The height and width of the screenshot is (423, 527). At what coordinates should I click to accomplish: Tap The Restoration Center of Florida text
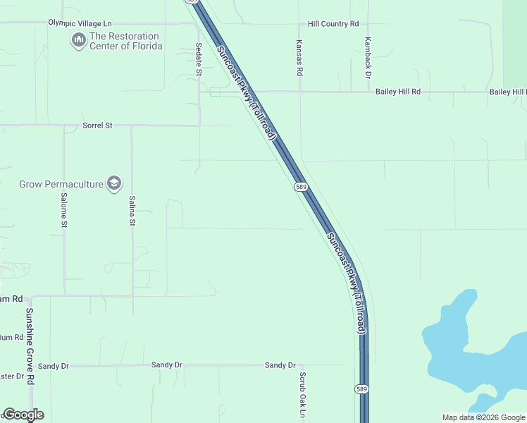click(126, 41)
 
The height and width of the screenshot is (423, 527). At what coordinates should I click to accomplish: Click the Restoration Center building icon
click(79, 41)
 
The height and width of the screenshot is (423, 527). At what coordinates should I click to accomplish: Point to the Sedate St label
click(199, 62)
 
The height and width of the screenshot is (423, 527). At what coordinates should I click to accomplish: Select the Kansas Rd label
click(299, 58)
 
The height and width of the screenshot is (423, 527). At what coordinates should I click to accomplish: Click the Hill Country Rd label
click(333, 24)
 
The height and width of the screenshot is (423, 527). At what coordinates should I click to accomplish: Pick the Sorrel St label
click(97, 125)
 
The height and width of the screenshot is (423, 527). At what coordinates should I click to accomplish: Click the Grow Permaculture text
click(60, 185)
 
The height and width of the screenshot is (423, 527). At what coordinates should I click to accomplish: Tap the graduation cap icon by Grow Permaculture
click(114, 185)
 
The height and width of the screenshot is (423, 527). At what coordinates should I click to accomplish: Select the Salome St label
click(63, 211)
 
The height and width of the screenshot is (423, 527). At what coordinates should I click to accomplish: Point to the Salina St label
click(132, 211)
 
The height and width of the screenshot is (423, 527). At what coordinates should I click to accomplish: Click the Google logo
click(23, 415)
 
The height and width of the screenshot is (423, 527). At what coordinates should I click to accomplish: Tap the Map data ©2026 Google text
click(483, 417)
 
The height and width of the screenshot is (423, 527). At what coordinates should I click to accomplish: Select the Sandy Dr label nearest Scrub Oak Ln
click(280, 365)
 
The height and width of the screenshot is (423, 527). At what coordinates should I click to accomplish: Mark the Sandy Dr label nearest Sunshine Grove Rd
click(54, 366)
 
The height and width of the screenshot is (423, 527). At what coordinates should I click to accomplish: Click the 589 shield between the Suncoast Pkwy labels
click(301, 186)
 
